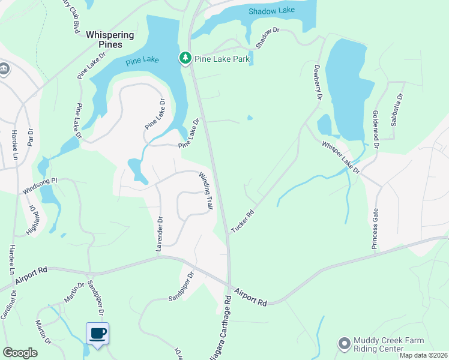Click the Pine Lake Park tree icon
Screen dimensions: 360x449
pyautogui.click(x=185, y=58)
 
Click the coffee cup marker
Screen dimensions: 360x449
pyautogui.click(x=97, y=334)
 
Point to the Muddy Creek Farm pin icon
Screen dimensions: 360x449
pyautogui.click(x=344, y=343)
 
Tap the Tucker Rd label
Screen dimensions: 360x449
pyautogui.click(x=243, y=221)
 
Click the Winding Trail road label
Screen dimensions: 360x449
pyautogui.click(x=206, y=190)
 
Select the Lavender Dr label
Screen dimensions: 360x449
pyautogui.click(x=160, y=235)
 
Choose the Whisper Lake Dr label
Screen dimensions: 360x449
pyautogui.click(x=340, y=158)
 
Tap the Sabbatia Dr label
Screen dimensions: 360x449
pyautogui.click(x=397, y=109)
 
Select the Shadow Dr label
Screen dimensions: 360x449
pyautogui.click(x=268, y=38)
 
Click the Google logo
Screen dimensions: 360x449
pyautogui.click(x=20, y=352)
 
